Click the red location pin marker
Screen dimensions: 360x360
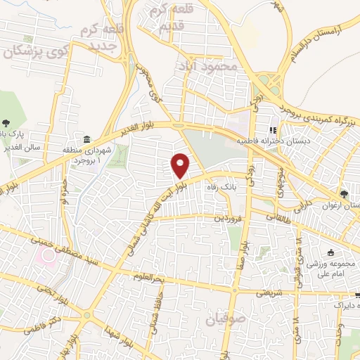181,165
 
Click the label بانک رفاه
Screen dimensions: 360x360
236,188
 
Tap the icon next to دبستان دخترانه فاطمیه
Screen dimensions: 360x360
274,130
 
